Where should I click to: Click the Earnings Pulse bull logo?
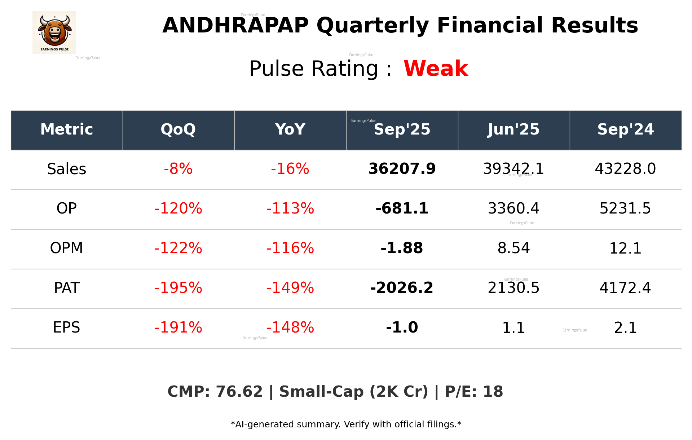point(54,32)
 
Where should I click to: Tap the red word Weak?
point(436,69)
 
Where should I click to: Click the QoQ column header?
point(178,129)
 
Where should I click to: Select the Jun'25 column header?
point(514,129)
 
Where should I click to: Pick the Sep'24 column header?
point(625,129)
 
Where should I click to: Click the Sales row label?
point(67,169)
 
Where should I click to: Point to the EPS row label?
point(67,327)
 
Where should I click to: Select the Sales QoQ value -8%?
point(178,169)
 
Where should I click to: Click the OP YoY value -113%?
point(290,208)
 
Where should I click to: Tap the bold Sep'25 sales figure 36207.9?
point(402,169)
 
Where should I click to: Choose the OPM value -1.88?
point(402,248)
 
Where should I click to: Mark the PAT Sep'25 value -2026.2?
point(402,288)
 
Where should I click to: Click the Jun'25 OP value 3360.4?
point(514,208)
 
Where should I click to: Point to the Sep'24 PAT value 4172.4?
point(625,288)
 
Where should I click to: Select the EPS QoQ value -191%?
point(178,327)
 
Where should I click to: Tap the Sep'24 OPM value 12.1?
point(625,248)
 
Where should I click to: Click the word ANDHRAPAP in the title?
point(235,26)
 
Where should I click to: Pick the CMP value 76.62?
point(239,392)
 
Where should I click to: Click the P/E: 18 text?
point(474,392)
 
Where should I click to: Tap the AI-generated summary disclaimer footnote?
point(346,424)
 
